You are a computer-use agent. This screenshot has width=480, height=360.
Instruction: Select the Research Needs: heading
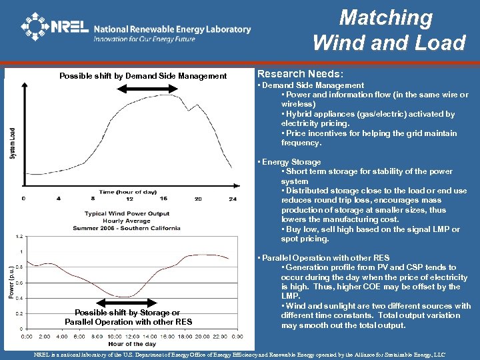click(300, 74)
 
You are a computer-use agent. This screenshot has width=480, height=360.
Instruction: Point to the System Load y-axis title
click(12, 143)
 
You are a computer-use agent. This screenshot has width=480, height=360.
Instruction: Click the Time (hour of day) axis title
click(127, 191)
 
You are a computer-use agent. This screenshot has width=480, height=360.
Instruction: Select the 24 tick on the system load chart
click(232, 199)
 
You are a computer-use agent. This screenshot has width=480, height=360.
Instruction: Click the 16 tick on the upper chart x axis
click(163, 199)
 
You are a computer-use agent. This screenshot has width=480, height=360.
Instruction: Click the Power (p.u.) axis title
click(11, 281)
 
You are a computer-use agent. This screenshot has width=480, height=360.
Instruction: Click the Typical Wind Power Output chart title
click(127, 214)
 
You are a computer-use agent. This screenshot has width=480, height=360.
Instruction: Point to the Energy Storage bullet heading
click(291, 162)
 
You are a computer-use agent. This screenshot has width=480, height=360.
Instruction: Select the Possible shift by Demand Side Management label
click(143, 76)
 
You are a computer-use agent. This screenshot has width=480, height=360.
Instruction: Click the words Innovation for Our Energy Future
click(145, 39)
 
